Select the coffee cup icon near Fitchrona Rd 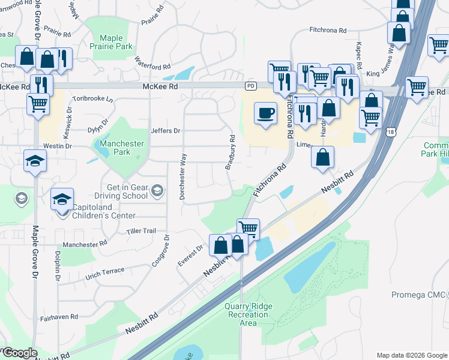[265, 112]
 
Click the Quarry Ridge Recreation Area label [249, 314]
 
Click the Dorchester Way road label [183, 175]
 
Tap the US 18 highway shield [391, 131]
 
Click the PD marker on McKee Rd [251, 86]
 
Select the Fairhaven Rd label [59, 317]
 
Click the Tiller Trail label [141, 231]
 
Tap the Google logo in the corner [19, 353]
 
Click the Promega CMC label [419, 295]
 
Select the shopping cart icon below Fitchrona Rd [249, 227]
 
